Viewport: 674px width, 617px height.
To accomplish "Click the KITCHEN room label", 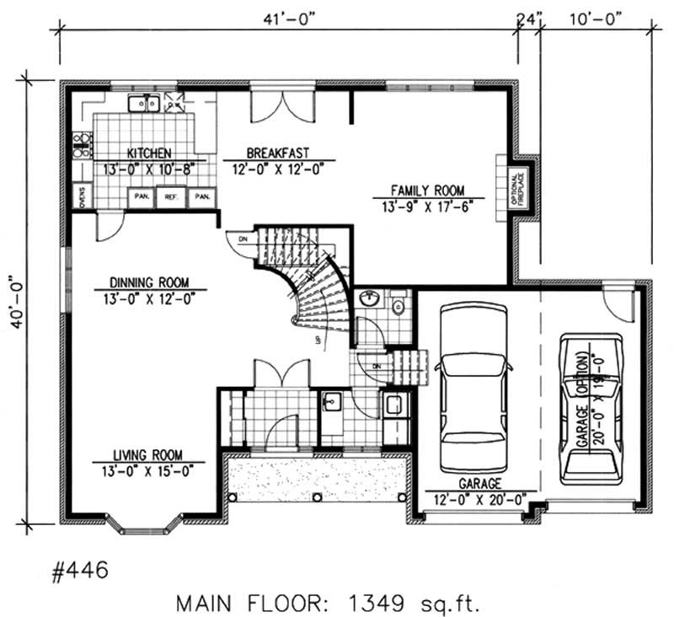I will coord(149,153).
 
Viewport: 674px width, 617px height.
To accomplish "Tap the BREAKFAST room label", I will coord(277,153).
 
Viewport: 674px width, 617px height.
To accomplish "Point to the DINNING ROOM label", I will coord(148,282).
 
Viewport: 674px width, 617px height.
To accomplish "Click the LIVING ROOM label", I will coord(148,453).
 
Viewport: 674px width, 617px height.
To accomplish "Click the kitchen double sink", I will coord(144,104).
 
